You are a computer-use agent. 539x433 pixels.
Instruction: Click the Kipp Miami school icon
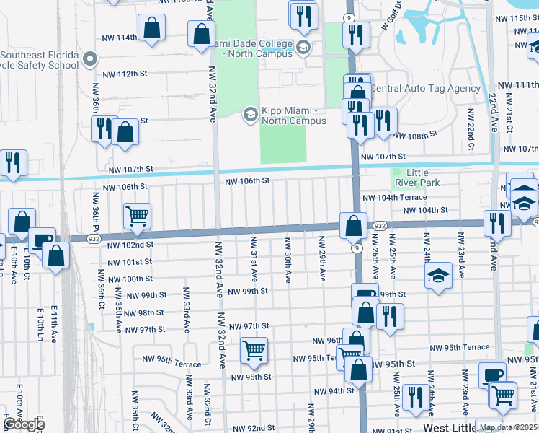(251, 114)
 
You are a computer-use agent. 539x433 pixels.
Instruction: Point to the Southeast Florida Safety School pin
(90, 58)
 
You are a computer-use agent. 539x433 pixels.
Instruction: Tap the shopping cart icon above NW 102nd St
(137, 215)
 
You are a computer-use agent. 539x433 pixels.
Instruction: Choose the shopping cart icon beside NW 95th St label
(254, 350)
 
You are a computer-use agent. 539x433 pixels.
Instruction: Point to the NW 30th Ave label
(288, 259)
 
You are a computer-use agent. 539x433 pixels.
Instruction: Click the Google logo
(24, 424)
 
